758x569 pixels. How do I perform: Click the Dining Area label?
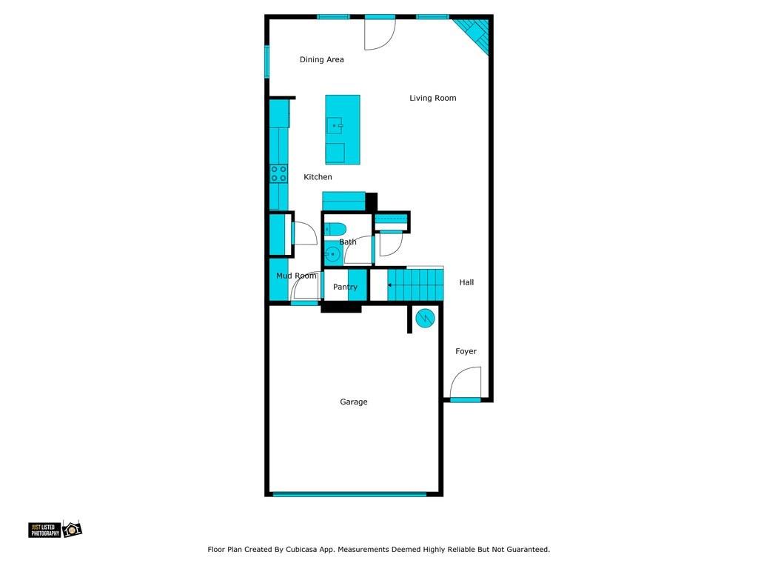click(x=321, y=59)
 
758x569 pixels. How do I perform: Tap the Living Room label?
click(x=432, y=98)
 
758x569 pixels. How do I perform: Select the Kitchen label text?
click(x=318, y=177)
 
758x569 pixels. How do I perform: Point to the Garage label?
click(x=353, y=402)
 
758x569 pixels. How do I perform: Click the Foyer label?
click(x=466, y=351)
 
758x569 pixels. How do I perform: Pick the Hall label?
click(x=466, y=282)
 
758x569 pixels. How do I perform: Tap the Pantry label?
click(x=345, y=287)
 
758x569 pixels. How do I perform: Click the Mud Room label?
click(x=296, y=276)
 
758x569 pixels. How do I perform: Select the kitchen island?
click(x=343, y=130)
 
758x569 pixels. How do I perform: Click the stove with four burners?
click(x=278, y=173)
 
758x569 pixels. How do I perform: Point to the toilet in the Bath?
click(x=335, y=229)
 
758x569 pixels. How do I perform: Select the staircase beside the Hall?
click(x=414, y=284)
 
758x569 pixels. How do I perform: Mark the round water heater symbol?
click(x=424, y=319)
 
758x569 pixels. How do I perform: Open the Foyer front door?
click(x=466, y=383)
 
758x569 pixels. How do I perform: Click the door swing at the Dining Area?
click(x=380, y=33)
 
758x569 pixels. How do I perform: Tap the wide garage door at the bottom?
click(x=349, y=494)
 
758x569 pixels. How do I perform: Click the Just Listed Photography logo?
click(x=55, y=529)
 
